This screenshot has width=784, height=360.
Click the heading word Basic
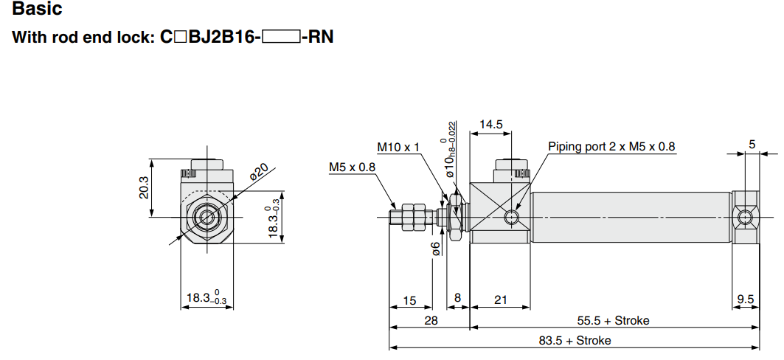tap(38, 10)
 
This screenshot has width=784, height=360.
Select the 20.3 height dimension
tap(144, 187)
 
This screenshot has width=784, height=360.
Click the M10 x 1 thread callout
tap(398, 147)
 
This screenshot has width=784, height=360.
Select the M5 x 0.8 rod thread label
tap(352, 167)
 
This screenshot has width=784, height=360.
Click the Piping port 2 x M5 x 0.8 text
tap(611, 147)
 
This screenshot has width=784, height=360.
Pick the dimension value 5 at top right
tap(752, 145)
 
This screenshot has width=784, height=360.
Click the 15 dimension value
tap(409, 300)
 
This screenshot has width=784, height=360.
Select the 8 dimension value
tap(457, 299)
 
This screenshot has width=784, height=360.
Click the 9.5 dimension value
tap(746, 300)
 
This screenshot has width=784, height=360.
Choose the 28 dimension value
tap(431, 320)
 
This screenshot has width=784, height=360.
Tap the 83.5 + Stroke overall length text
tap(574, 340)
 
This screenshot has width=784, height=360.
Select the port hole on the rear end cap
tap(746, 217)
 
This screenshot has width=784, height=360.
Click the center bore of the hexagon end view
tap(207, 217)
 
